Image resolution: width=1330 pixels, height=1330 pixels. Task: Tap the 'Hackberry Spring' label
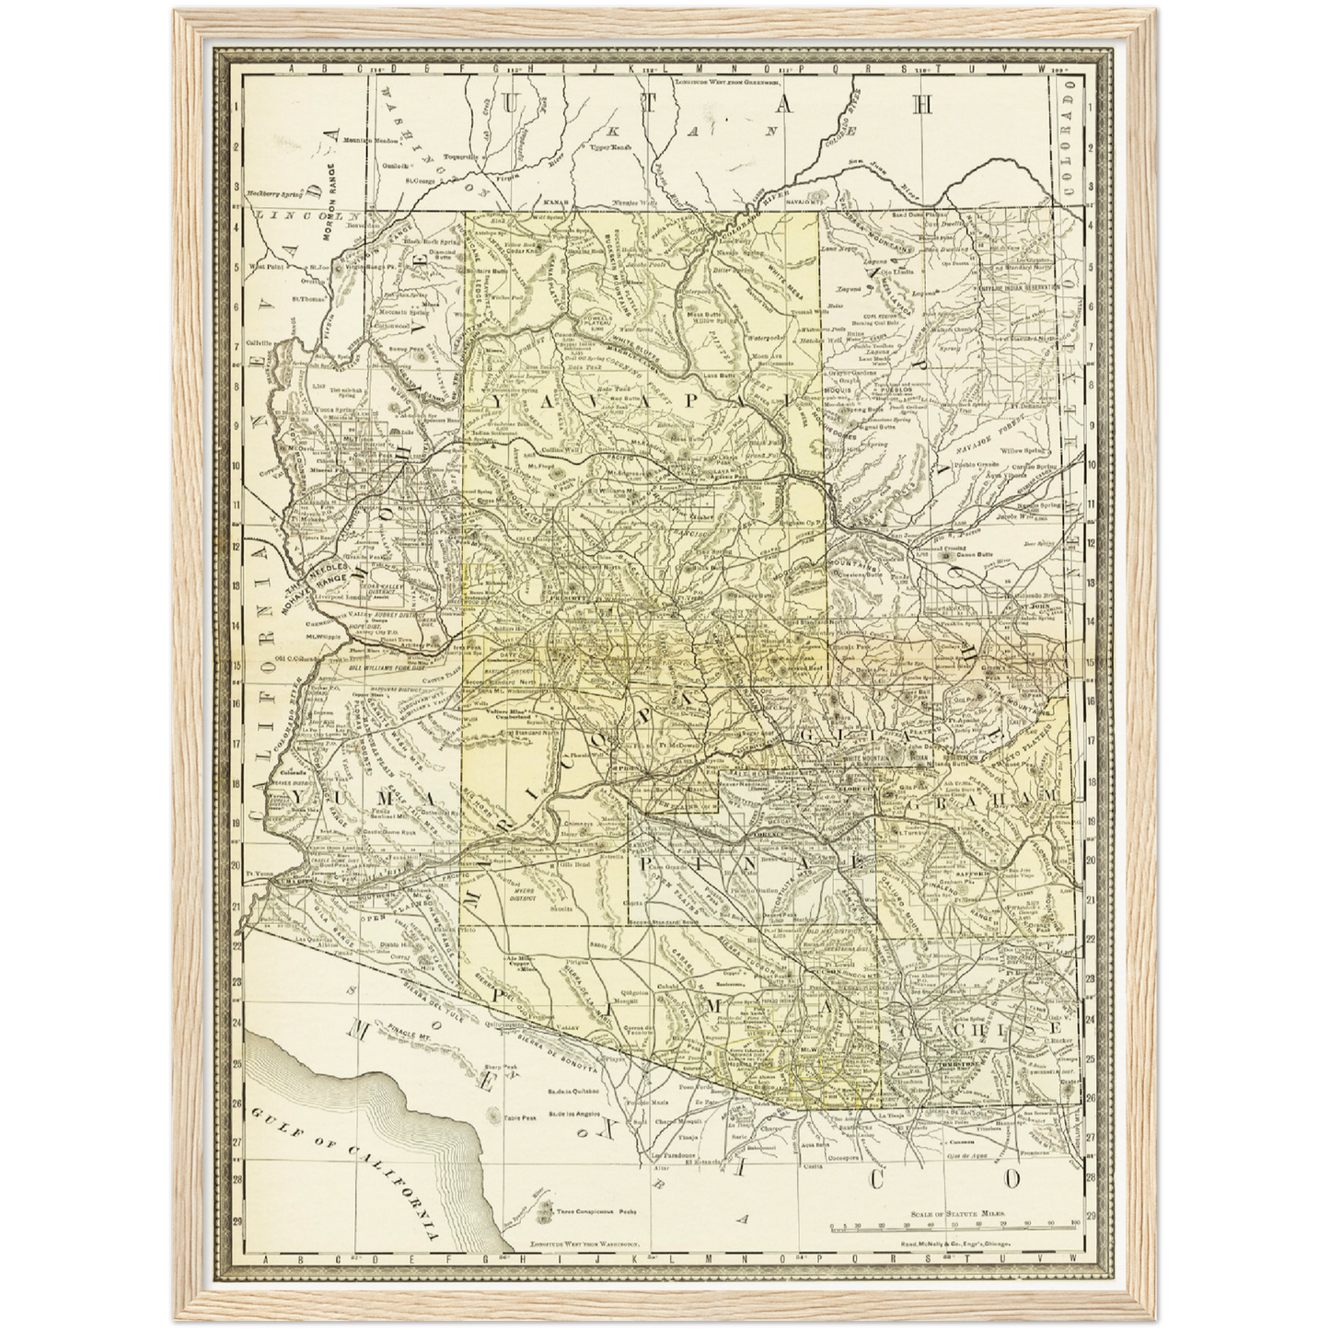[x=276, y=194]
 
